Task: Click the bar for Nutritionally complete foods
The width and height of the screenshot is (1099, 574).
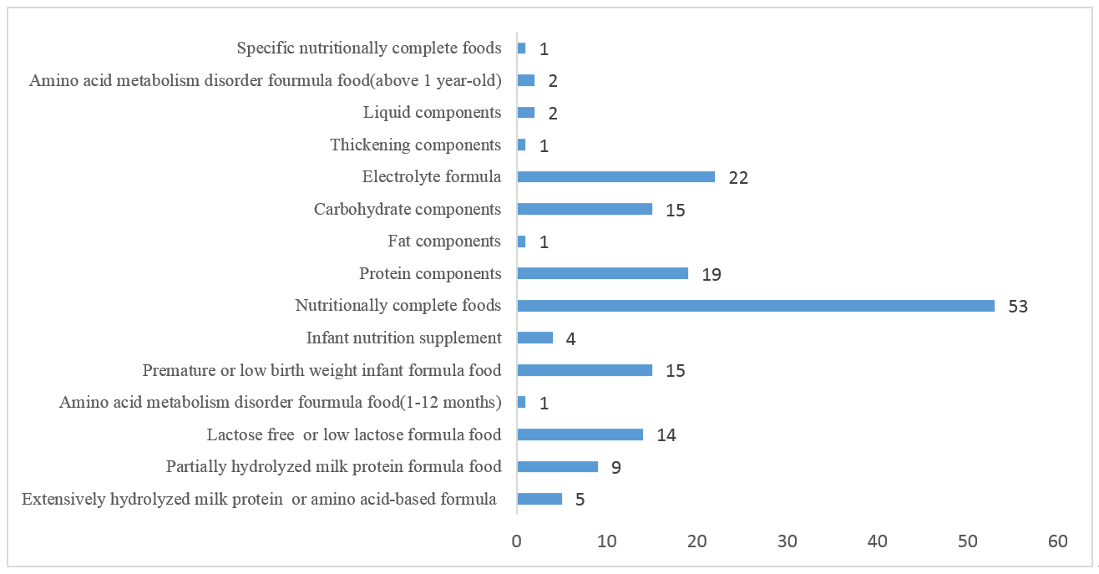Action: (x=756, y=306)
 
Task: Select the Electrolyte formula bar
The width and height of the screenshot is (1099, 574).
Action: (x=616, y=176)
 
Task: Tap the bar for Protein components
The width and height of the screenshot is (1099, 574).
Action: (x=602, y=273)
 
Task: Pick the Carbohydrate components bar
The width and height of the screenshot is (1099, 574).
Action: (x=585, y=209)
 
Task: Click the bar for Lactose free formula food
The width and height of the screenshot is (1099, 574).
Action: (x=580, y=434)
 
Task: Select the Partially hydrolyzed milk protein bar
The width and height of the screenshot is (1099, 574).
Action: (x=558, y=467)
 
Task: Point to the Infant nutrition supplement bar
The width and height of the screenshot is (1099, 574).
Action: (x=535, y=338)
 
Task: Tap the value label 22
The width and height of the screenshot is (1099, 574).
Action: (x=737, y=177)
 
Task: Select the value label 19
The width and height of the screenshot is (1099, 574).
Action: (x=711, y=274)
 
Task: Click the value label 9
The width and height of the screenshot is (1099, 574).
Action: (x=615, y=468)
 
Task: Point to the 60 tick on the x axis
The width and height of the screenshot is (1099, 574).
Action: (x=1057, y=541)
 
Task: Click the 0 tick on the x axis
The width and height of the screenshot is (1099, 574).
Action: (x=517, y=541)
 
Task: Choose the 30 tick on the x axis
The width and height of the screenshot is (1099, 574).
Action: (x=788, y=541)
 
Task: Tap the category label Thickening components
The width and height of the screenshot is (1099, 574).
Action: (x=415, y=145)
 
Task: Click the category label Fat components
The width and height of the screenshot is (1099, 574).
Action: (x=444, y=241)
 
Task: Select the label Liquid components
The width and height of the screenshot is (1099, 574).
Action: (x=432, y=112)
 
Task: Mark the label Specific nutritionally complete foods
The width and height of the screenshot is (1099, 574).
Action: (x=369, y=48)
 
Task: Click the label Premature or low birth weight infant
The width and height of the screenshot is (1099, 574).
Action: (x=322, y=370)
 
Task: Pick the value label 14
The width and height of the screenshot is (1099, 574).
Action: (x=666, y=435)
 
